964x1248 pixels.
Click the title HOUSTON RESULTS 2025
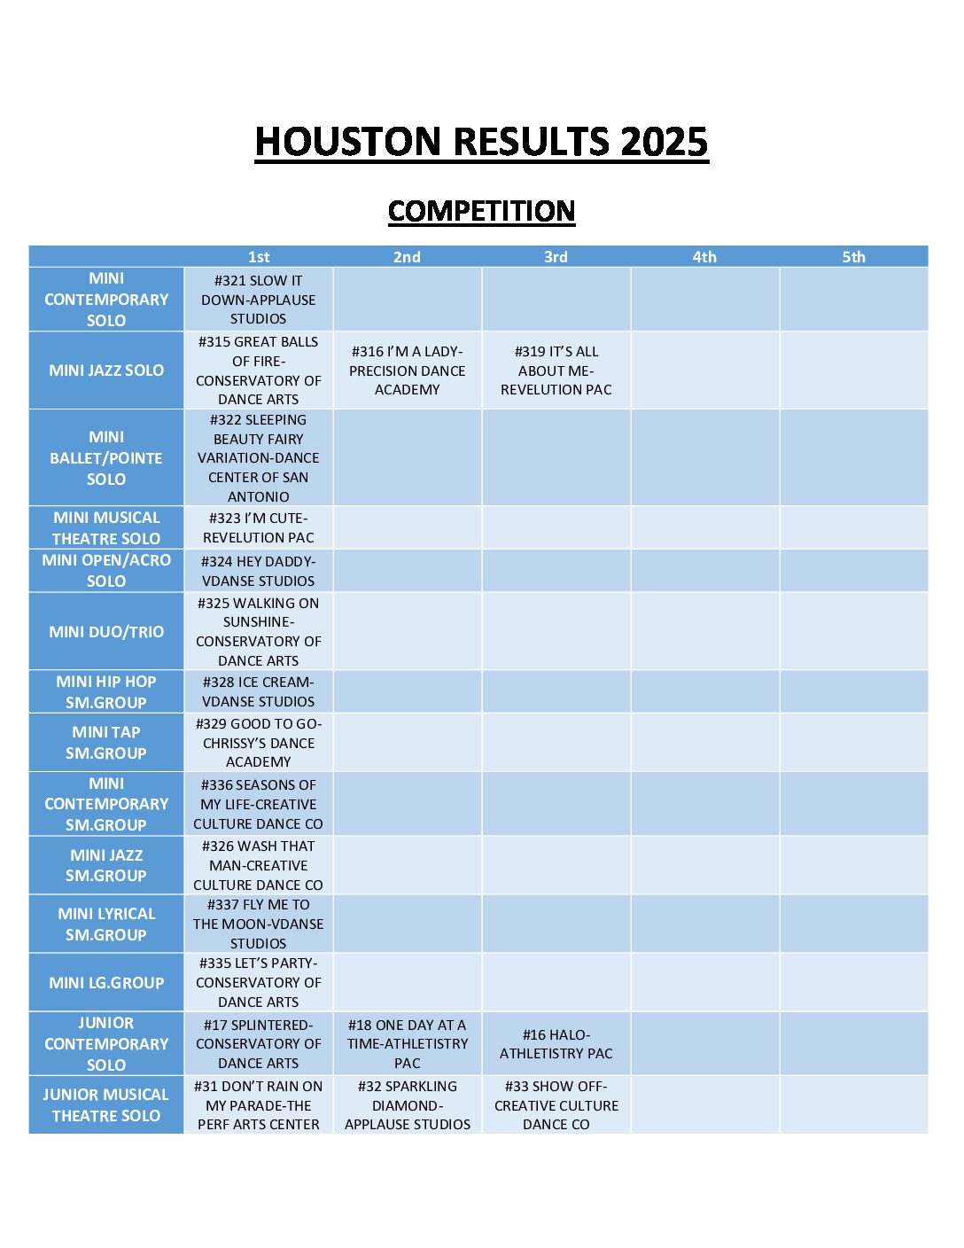[481, 142]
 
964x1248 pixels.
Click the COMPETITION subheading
[481, 211]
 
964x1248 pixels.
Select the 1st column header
[259, 257]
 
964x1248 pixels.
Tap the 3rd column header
[556, 257]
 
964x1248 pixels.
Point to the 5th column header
[853, 257]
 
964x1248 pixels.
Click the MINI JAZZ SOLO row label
[106, 370]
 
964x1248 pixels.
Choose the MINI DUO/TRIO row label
[106, 632]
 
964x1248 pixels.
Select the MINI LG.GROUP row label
[106, 983]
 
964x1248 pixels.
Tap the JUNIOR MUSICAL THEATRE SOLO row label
[106, 1105]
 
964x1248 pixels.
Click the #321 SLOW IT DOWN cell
[259, 300]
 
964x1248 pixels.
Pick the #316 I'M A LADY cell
[408, 370]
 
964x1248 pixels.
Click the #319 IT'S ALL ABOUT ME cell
[556, 370]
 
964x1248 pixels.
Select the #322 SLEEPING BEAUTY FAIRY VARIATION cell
[259, 458]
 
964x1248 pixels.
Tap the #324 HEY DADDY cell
[259, 571]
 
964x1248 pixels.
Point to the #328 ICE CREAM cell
[259, 691]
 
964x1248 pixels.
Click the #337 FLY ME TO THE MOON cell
[259, 924]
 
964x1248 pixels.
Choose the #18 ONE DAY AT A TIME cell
[408, 1044]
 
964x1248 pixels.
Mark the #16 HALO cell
[556, 1044]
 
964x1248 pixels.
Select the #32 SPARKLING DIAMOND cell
[408, 1105]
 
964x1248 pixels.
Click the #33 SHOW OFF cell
[556, 1105]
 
